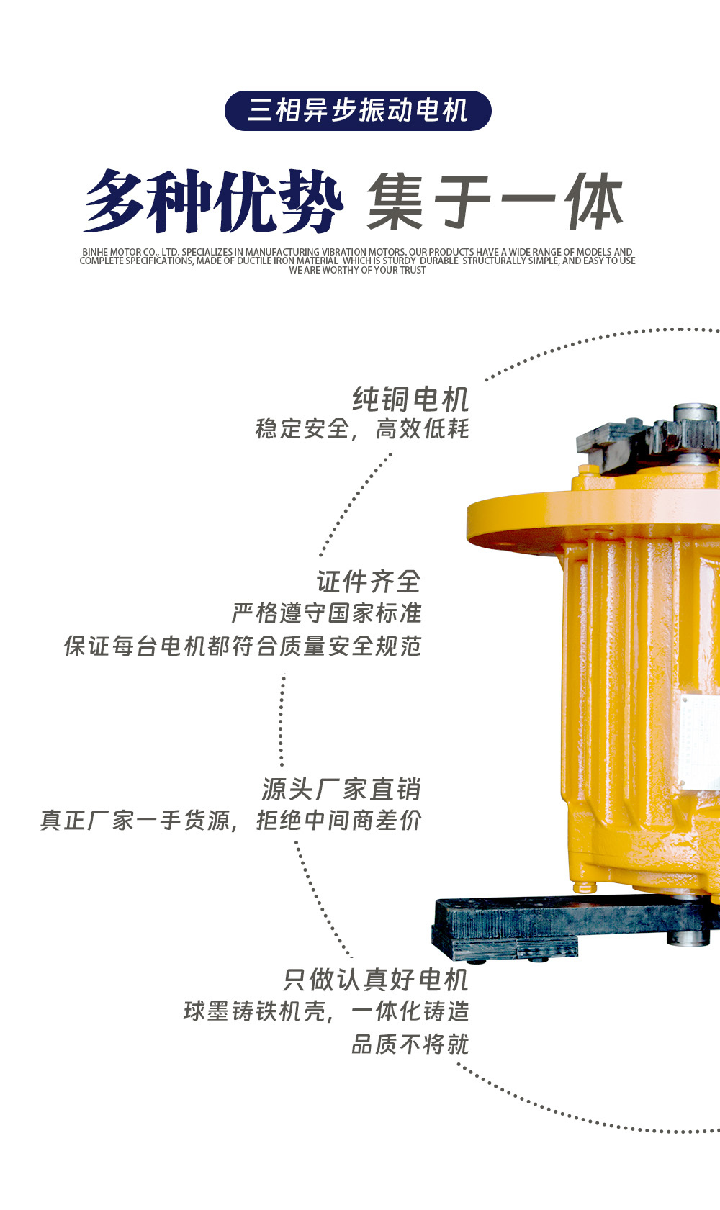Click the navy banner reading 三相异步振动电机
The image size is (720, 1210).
coord(358,111)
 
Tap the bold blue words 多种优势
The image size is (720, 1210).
coord(214,201)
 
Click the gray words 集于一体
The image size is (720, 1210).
coord(496,202)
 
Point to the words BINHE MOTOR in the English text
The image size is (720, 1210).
coord(112,252)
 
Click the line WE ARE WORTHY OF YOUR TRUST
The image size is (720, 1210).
coord(357,270)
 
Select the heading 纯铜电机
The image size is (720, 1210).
coord(410,399)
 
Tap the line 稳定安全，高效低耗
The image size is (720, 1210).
coord(362,430)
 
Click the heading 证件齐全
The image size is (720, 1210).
coord(369,582)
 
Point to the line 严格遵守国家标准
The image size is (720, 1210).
coord(327,613)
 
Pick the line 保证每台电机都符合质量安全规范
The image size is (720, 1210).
coord(243,646)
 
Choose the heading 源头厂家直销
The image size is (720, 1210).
coord(341,789)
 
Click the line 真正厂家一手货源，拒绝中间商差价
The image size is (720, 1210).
coord(231,821)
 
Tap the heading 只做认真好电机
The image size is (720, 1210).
coord(376,980)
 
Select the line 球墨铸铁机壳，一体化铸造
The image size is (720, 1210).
coord(326,1011)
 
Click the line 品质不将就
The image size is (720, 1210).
coord(410,1044)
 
